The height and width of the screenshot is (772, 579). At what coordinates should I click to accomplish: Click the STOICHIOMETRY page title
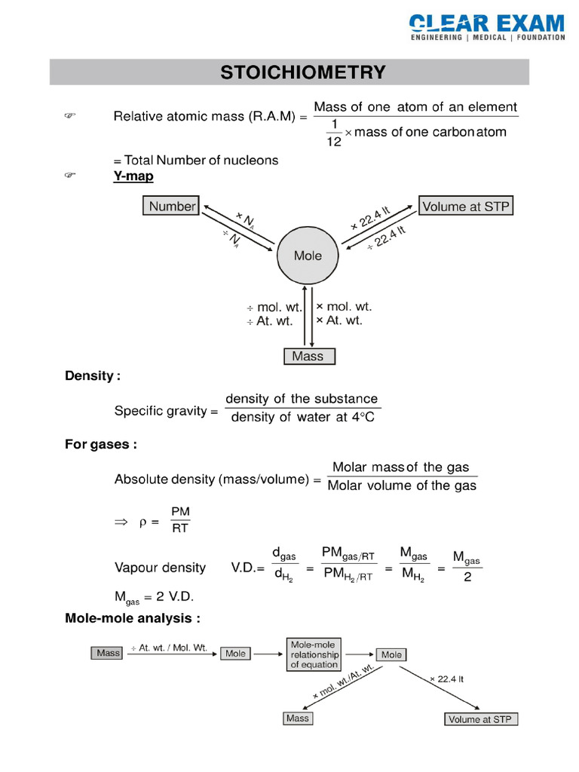302,72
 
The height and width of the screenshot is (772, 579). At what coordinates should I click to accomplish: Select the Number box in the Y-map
171,206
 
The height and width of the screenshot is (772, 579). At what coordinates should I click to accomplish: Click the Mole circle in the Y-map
308,256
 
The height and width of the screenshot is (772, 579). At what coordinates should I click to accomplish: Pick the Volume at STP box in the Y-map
466,206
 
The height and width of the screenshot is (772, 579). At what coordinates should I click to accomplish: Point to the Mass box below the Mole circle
308,357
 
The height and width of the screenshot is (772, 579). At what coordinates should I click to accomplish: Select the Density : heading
92,375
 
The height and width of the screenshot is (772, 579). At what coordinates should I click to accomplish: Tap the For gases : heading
100,445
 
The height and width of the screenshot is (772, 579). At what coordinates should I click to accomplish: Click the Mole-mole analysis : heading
132,619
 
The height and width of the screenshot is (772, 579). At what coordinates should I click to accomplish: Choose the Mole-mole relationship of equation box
314,654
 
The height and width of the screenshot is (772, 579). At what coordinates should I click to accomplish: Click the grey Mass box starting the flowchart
108,653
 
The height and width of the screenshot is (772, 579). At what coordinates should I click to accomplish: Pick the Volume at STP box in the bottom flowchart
479,719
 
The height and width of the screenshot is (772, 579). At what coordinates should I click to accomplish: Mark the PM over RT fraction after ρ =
181,520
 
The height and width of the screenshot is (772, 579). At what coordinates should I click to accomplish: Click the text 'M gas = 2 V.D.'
154,596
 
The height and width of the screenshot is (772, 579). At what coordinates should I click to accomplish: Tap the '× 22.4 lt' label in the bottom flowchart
446,679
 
